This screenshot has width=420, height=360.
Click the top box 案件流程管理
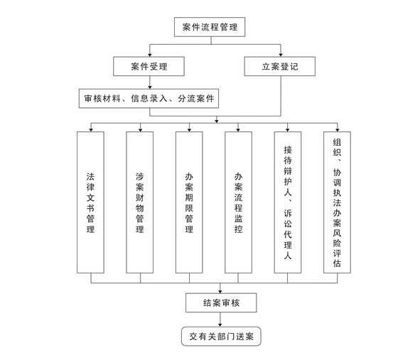pyautogui.click(x=210, y=27)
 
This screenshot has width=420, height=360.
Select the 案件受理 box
pyautogui.click(x=149, y=66)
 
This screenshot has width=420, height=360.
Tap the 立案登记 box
pyautogui.click(x=279, y=66)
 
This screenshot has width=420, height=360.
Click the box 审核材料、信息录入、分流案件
pyautogui.click(x=149, y=99)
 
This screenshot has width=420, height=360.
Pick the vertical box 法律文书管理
pyautogui.click(x=90, y=202)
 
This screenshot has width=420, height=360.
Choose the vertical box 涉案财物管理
pyautogui.click(x=139, y=202)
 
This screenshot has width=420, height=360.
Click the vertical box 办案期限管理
pyautogui.click(x=189, y=202)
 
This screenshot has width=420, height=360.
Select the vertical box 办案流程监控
pyautogui.click(x=238, y=202)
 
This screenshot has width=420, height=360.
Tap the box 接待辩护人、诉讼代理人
pyautogui.click(x=288, y=202)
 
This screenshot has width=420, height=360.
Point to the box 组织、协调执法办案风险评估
pyautogui.click(x=337, y=202)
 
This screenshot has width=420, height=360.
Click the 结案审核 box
pyautogui.click(x=221, y=302)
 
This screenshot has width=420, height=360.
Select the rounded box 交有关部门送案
pyautogui.click(x=221, y=336)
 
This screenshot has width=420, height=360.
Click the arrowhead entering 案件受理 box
pyautogui.click(x=150, y=55)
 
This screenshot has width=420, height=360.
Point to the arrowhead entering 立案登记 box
pyautogui.click(x=281, y=55)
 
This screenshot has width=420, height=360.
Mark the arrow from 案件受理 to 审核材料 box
pyautogui.click(x=150, y=82)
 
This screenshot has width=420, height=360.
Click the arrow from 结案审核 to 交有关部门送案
pyautogui.click(x=220, y=320)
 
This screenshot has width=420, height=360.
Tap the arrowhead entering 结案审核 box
pyautogui.click(x=220, y=291)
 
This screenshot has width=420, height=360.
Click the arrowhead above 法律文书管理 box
pyautogui.click(x=91, y=129)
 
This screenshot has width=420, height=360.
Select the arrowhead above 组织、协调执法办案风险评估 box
pyautogui.click(x=338, y=129)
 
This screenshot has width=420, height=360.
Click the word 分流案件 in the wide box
pyautogui.click(x=196, y=99)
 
